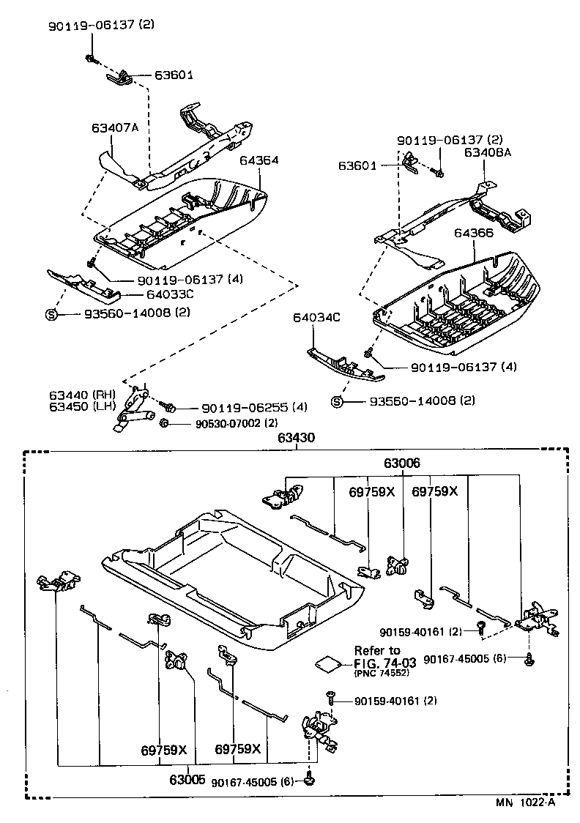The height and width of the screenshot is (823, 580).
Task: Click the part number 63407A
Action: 115,128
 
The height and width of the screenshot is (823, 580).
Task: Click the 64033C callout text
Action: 171,294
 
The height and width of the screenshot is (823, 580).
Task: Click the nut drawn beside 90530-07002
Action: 165,423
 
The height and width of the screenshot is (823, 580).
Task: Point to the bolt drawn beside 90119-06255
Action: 169,406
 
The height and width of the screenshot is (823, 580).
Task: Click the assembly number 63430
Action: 296,439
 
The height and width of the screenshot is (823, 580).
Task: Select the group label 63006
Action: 402,463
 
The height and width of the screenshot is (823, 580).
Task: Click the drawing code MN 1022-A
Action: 526,802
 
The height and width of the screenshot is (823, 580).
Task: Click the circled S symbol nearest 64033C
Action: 51,314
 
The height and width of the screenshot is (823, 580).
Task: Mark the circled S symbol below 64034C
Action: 338,401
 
